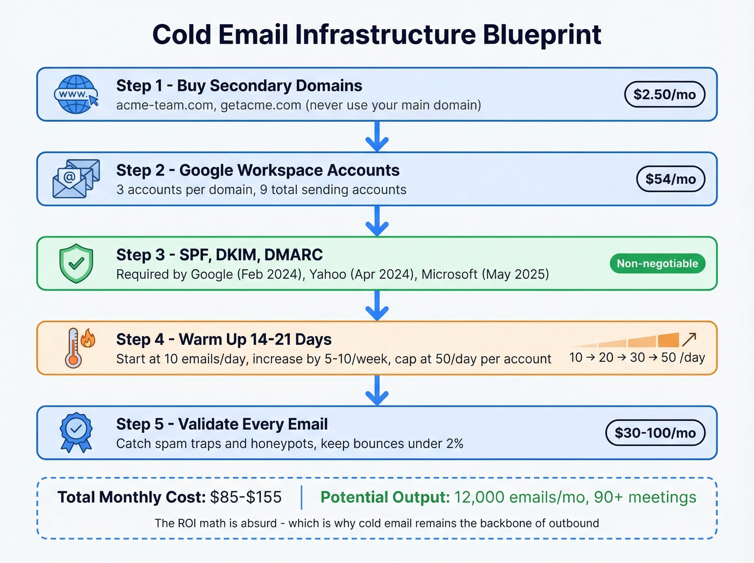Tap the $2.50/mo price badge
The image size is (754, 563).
pyautogui.click(x=665, y=95)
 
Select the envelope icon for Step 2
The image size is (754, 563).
pyautogui.click(x=76, y=179)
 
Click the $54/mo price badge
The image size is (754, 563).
pyautogui.click(x=671, y=179)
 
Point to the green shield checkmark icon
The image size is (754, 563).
pyautogui.click(x=76, y=263)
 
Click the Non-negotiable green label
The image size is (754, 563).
pyautogui.click(x=657, y=263)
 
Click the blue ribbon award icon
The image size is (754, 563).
pyautogui.click(x=76, y=432)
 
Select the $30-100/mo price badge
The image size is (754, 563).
pyautogui.click(x=655, y=433)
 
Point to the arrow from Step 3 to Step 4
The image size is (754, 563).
pyautogui.click(x=377, y=305)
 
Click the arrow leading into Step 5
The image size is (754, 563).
pyautogui.click(x=377, y=390)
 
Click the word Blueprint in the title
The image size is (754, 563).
pyautogui.click(x=541, y=35)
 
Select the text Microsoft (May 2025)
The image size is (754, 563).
pyautogui.click(x=485, y=274)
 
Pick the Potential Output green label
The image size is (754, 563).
pyautogui.click(x=385, y=497)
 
